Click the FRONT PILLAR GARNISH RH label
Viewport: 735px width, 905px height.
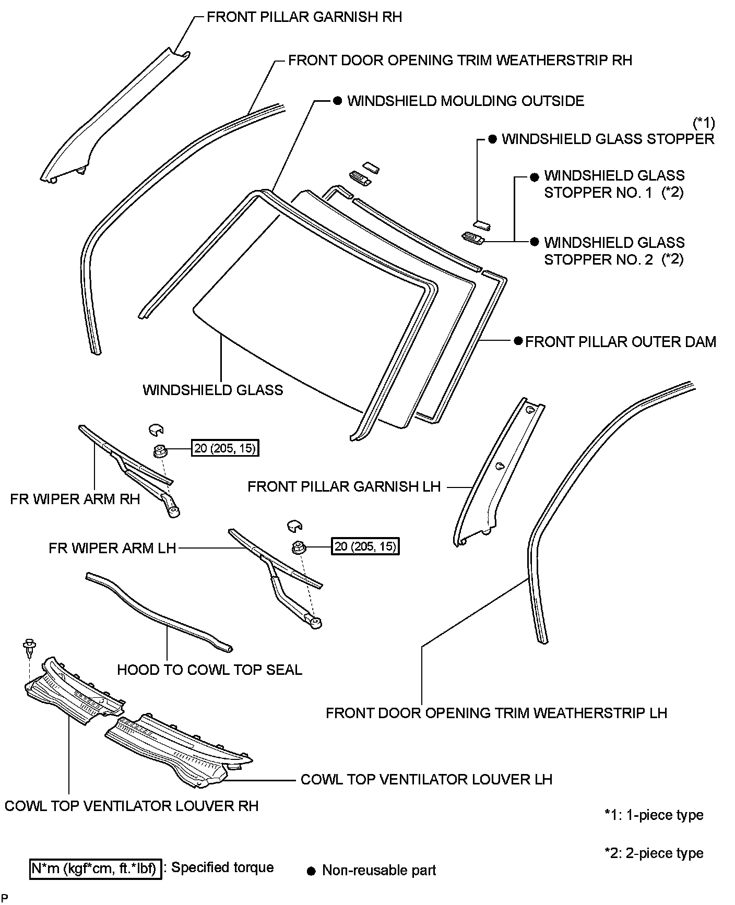click(x=304, y=17)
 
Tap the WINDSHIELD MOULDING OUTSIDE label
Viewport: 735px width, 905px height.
click(x=466, y=101)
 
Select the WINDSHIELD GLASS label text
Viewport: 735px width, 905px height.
click(x=213, y=390)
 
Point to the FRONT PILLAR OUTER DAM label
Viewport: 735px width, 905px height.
click(x=620, y=342)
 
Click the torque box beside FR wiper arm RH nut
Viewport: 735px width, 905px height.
click(x=226, y=448)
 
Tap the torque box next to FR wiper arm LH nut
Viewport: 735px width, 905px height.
click(x=365, y=546)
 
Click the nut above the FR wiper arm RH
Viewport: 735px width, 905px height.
click(x=160, y=450)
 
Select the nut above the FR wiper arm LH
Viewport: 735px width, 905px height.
click(x=299, y=547)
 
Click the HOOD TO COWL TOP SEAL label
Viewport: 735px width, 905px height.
click(x=209, y=670)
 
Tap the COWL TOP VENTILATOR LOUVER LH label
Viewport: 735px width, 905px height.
click(x=426, y=779)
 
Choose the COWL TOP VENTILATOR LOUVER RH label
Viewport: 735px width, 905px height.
click(x=132, y=806)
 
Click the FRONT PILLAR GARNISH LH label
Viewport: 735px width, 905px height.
click(x=344, y=487)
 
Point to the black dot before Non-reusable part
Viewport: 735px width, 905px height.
click(x=312, y=871)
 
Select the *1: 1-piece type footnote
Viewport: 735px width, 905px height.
click(x=654, y=815)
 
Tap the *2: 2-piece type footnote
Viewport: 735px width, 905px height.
click(x=654, y=853)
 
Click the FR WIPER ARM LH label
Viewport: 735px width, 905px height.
click(x=112, y=548)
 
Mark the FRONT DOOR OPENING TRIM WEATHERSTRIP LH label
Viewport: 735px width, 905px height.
click(x=496, y=713)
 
